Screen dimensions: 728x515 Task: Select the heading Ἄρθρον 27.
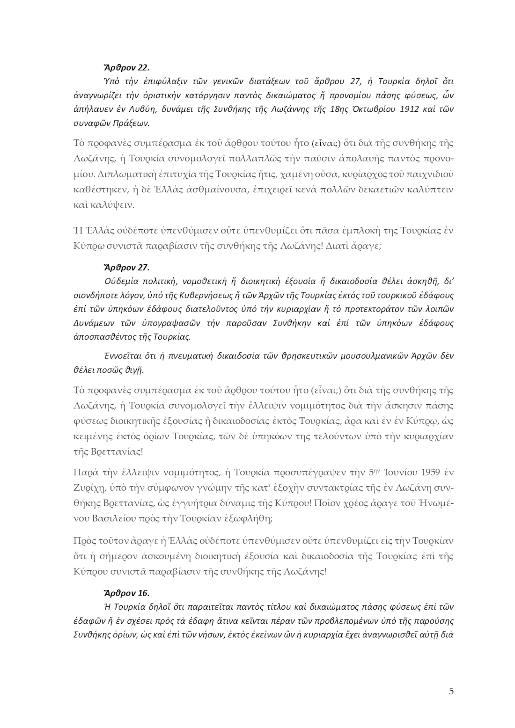(x=126, y=268)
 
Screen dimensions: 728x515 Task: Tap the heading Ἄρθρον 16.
(x=126, y=593)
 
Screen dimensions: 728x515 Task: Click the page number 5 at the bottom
(x=451, y=692)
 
